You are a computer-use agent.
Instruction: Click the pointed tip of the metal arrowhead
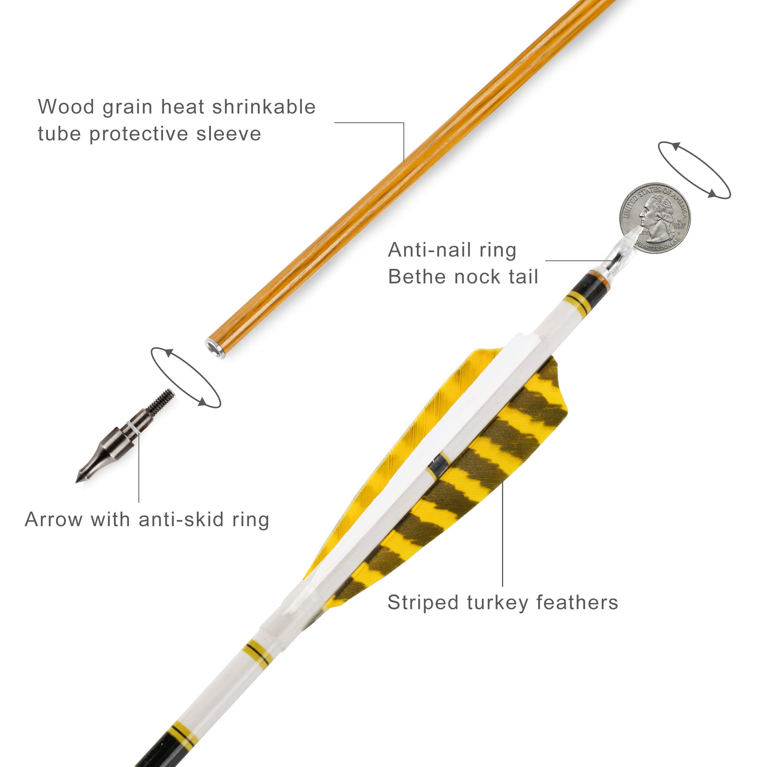(78, 481)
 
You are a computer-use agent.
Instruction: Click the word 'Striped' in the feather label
(423, 602)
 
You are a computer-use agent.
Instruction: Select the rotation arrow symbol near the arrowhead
(186, 377)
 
